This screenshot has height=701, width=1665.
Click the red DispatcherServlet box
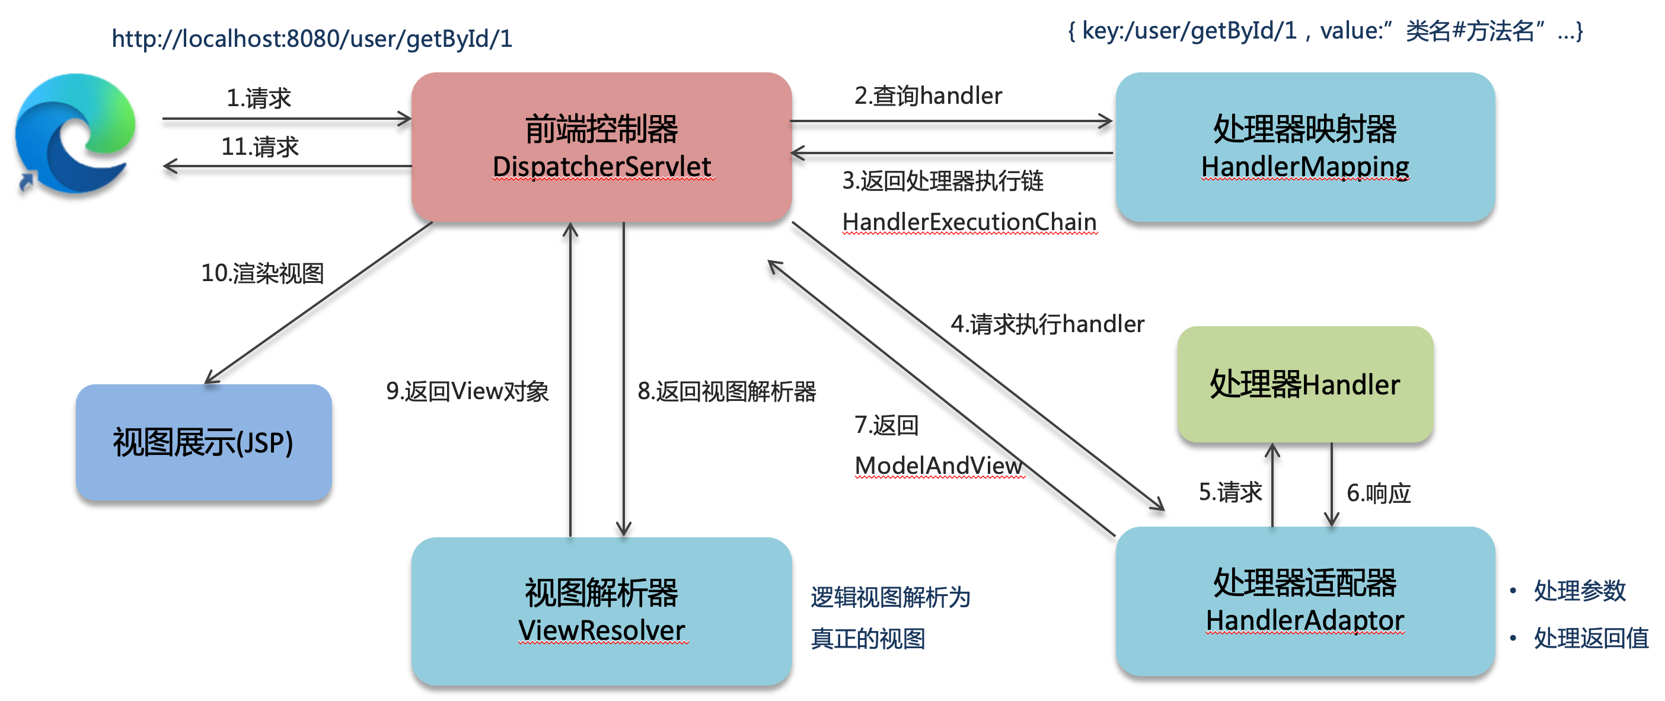point(601,147)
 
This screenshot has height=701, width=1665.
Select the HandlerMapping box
point(1304,147)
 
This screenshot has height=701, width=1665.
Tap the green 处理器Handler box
point(1304,384)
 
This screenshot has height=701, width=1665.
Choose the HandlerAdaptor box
point(1304,601)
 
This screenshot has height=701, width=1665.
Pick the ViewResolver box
point(601,610)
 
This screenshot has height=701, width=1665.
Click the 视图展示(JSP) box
point(203,442)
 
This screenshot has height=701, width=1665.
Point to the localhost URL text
point(311,39)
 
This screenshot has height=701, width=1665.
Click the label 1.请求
point(259,98)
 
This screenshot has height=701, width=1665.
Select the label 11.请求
point(260,147)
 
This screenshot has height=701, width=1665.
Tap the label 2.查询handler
point(927,95)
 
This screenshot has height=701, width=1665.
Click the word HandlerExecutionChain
point(969,222)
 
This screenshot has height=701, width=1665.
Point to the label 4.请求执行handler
point(1047,324)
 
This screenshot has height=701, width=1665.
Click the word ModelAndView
point(939,465)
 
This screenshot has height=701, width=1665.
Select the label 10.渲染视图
point(261,273)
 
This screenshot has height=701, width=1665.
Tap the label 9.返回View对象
point(467,391)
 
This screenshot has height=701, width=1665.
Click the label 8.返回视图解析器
point(726,391)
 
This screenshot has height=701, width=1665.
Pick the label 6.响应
point(1378,493)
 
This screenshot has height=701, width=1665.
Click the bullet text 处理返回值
point(1591,638)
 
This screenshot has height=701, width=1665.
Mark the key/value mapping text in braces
point(1325,31)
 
